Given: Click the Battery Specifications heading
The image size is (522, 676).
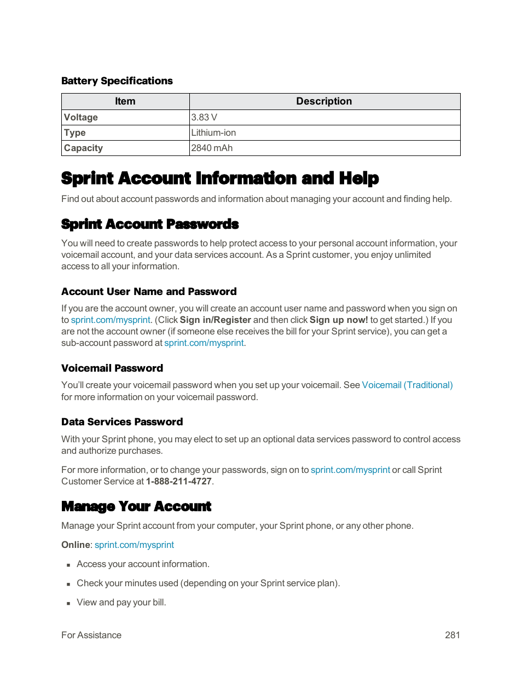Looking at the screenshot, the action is tap(117, 81).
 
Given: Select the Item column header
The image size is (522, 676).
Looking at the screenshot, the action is tap(125, 101).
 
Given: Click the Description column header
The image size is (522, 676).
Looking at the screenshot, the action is tap(324, 101).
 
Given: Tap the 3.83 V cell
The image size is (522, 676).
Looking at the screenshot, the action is tap(204, 117).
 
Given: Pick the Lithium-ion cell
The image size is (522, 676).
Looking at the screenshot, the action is tap(213, 132).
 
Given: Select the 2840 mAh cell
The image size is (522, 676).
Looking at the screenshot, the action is tap(212, 148).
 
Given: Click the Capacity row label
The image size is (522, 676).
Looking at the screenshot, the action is tap(83, 148).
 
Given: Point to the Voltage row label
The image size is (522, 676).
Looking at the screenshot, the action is tap(81, 117).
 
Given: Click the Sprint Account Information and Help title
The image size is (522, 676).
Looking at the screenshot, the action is tap(220, 178).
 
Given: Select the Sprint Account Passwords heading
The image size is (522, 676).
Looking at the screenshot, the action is tap(150, 224).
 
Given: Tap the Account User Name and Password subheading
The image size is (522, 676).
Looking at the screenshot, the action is tap(149, 292).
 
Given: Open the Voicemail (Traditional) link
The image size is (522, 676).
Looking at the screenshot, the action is tap(407, 385).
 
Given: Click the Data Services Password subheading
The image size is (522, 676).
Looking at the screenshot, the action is tap(122, 422).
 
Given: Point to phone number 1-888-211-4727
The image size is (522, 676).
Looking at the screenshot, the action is tap(178, 481).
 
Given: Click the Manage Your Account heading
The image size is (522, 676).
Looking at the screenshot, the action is tap(136, 507).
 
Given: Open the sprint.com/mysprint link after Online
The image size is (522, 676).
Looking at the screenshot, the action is tap(134, 545).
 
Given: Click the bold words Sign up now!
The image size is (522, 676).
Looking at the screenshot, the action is tap(339, 320).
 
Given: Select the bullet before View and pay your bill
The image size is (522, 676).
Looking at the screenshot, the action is tap(68, 603).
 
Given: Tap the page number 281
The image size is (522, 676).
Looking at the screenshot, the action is tap(452, 635).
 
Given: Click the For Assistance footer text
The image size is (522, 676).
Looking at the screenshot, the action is tap(91, 635).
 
